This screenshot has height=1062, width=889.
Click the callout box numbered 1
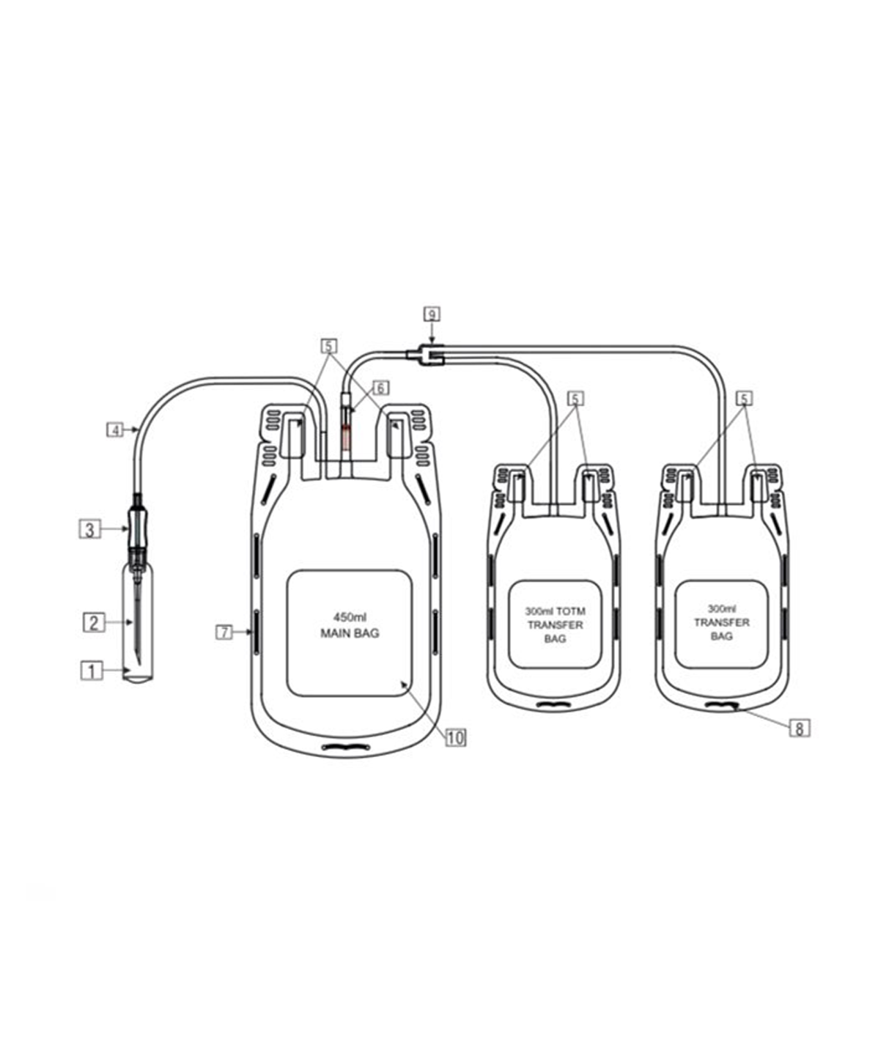point(92,670)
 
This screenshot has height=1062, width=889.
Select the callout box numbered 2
point(94,623)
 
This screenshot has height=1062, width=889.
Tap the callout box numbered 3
point(89,528)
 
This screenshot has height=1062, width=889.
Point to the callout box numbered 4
point(115,429)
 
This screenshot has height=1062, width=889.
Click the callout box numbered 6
point(380,388)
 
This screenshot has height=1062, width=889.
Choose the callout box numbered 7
point(224,631)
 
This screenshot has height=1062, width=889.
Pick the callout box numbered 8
point(799,728)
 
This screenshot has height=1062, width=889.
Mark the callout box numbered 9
point(432,314)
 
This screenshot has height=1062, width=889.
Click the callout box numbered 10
point(455,737)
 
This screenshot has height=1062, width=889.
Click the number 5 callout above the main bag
point(330,344)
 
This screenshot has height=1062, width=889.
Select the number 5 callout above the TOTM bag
point(576,399)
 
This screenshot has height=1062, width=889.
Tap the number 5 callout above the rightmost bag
point(744,399)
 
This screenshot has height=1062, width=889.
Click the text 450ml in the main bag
point(350,617)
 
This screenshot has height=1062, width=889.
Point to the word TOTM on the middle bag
point(571,611)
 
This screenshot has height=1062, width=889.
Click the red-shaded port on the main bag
point(347,439)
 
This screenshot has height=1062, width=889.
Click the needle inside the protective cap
point(137,623)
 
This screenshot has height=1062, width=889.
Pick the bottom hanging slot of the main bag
point(346,747)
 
